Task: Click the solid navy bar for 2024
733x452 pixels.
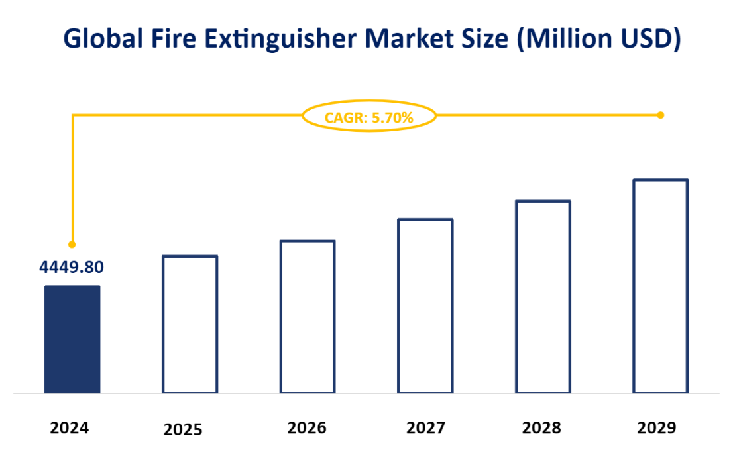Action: tap(72, 339)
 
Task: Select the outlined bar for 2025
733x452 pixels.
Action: tap(190, 324)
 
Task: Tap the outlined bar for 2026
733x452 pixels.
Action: tap(308, 317)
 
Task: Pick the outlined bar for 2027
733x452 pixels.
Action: tap(425, 306)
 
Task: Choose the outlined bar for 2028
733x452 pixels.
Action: tap(543, 296)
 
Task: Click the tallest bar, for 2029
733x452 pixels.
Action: tap(661, 286)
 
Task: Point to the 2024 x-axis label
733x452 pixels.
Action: tap(70, 428)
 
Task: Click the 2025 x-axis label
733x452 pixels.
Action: tap(183, 430)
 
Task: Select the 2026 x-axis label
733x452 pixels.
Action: tap(307, 428)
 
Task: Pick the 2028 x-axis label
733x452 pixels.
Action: tap(541, 428)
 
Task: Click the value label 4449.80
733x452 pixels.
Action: tap(72, 267)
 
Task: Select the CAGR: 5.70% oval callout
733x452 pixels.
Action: tap(369, 117)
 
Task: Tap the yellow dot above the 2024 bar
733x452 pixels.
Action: tap(72, 244)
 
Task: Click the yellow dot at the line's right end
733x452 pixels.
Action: tap(660, 115)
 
